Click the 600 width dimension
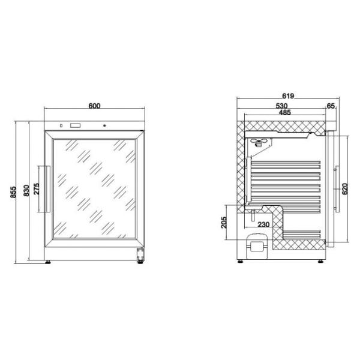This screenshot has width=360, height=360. [94, 106]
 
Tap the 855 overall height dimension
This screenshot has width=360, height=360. [13, 191]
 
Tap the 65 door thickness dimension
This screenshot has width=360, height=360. [331, 106]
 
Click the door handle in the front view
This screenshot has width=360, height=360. [43, 190]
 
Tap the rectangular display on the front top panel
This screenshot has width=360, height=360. [76, 126]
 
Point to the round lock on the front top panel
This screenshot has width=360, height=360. [106, 126]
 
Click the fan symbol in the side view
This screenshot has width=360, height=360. [259, 142]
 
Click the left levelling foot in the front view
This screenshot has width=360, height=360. [49, 261]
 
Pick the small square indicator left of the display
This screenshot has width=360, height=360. [60, 126]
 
